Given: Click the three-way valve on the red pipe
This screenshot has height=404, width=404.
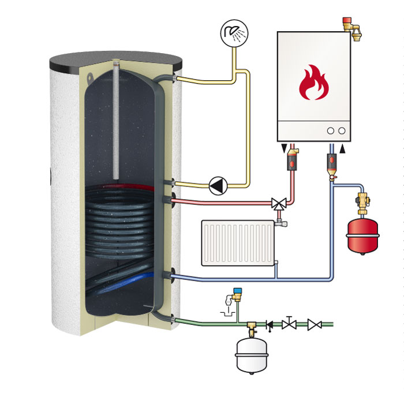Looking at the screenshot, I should tap(279, 203).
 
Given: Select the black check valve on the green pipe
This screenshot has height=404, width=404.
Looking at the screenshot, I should tap(270, 325).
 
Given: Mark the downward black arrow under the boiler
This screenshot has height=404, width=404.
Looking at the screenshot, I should tap(283, 150).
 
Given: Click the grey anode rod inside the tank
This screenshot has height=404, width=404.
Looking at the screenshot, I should tap(117, 122).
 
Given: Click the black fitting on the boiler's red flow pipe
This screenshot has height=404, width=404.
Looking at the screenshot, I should tap(293, 158).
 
